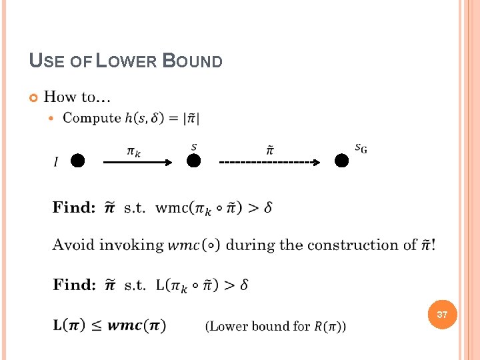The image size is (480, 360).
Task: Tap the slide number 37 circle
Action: pos(442,314)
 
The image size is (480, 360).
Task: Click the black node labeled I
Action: pos(78,161)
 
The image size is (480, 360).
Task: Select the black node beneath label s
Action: pos(193,161)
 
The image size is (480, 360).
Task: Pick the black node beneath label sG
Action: pos(341,161)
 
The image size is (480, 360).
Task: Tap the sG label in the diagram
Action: pos(360,148)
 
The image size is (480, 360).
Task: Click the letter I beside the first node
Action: pos(55,162)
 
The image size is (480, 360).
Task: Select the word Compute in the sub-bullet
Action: pos(92,118)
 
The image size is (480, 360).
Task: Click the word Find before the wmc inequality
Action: pos(74,207)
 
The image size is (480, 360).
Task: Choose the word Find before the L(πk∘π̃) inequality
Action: pos(74,285)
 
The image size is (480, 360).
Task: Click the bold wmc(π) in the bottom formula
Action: pos(137,325)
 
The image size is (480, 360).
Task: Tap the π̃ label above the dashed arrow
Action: pos(269,151)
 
